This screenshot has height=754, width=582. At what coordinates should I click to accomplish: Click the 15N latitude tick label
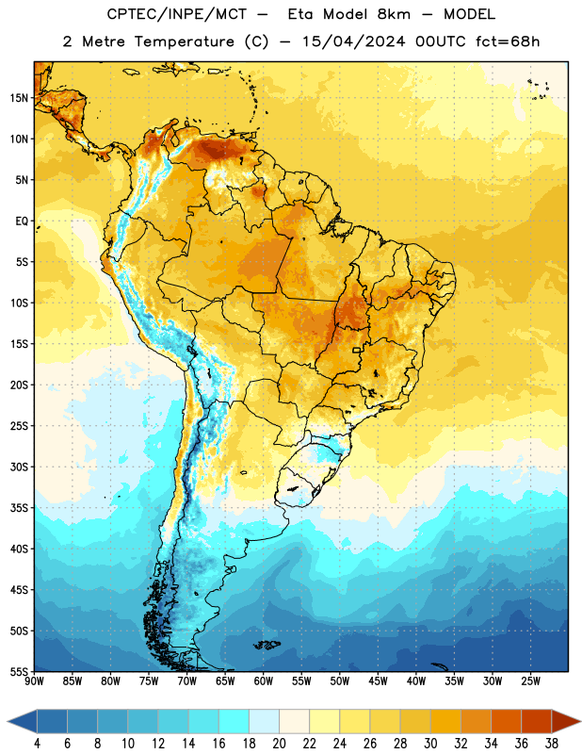click(19, 98)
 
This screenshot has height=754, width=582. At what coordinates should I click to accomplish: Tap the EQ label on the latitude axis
click(22, 221)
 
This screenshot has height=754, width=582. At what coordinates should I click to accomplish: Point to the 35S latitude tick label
click(19, 508)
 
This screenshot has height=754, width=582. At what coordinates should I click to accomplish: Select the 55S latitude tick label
click(19, 672)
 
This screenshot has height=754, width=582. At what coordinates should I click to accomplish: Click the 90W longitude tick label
click(35, 681)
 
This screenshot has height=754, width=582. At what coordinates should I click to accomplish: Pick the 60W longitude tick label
click(264, 681)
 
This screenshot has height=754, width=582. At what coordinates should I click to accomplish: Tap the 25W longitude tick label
click(530, 681)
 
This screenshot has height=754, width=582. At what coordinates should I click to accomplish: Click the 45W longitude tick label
click(378, 681)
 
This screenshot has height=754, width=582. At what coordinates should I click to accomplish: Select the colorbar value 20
click(279, 744)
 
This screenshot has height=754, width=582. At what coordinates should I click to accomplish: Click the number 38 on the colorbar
click(552, 744)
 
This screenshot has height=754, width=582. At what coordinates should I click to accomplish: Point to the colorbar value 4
click(37, 744)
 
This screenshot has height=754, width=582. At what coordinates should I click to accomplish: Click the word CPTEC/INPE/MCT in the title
click(176, 14)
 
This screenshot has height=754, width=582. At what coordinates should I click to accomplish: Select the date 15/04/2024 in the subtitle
click(354, 41)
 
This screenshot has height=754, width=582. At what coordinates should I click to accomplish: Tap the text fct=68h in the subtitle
click(508, 41)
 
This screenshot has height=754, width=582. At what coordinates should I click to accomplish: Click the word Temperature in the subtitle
click(185, 41)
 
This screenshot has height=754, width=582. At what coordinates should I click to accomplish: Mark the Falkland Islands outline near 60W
click(267, 645)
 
